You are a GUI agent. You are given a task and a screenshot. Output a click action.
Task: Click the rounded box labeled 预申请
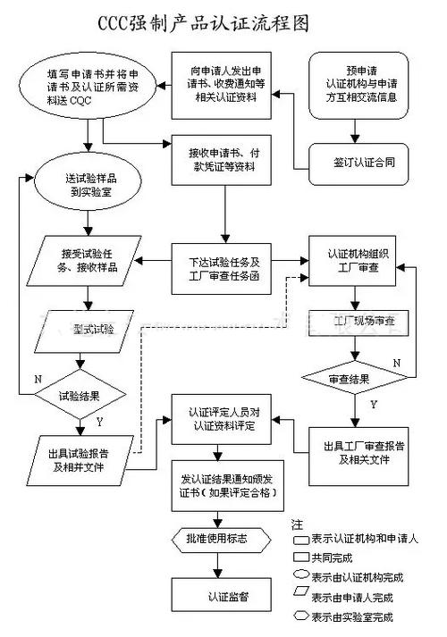[x=362, y=84]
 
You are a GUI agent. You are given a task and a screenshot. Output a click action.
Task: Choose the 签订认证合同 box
[x=362, y=163]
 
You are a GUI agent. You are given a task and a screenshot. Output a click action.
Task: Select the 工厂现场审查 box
[x=358, y=319]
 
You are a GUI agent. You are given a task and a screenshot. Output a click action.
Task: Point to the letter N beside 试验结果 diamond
[x=38, y=379]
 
